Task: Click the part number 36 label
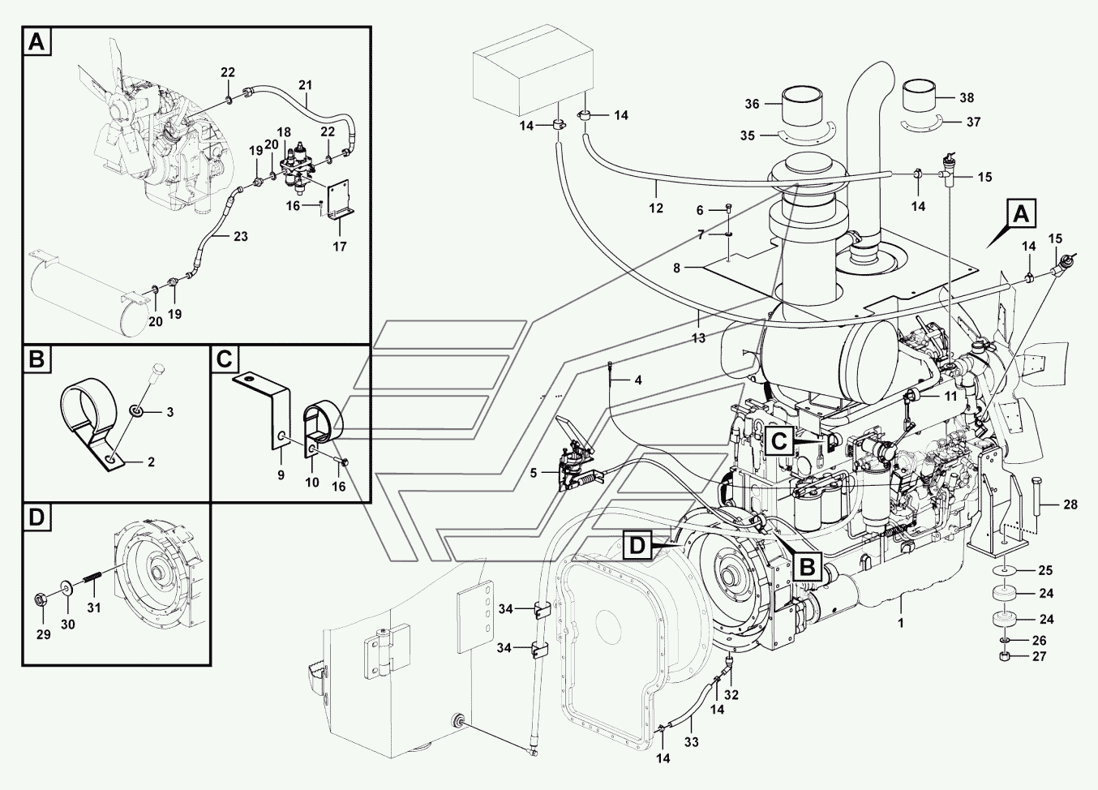click(752, 104)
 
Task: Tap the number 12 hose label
click(656, 208)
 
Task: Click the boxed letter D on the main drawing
click(638, 546)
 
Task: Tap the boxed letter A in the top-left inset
click(36, 42)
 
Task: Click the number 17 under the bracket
click(340, 246)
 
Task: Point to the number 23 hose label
click(240, 237)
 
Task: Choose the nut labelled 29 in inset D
click(40, 601)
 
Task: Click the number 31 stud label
click(95, 608)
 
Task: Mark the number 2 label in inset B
click(151, 462)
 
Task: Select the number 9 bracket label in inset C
click(281, 474)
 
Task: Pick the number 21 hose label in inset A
click(305, 85)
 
